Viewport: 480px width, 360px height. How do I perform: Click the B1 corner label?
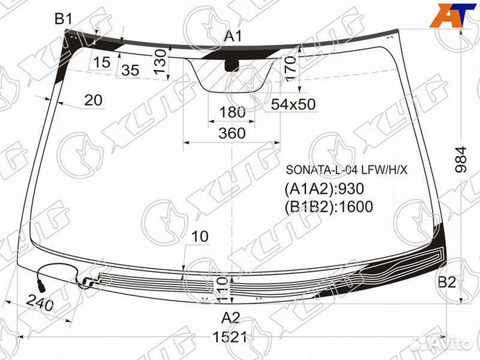tap(63, 20)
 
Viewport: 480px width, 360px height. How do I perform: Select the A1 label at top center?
tap(233, 36)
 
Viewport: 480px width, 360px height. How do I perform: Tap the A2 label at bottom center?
tap(230, 316)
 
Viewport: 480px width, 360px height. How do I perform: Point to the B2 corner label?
tap(447, 282)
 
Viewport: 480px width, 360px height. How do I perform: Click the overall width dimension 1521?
tap(231, 337)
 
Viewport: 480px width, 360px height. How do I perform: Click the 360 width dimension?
tap(231, 133)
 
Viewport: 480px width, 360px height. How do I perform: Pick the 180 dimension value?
tap(231, 111)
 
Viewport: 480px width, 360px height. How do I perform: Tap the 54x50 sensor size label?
tap(293, 105)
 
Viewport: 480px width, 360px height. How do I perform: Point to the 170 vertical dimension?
tap(290, 69)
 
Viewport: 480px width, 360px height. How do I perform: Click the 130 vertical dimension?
tap(159, 61)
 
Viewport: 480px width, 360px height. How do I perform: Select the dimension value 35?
tap(131, 69)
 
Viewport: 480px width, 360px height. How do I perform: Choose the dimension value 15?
tap(101, 63)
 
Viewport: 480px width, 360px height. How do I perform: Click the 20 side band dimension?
tap(93, 100)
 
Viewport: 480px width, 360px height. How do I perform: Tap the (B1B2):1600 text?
tap(328, 207)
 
